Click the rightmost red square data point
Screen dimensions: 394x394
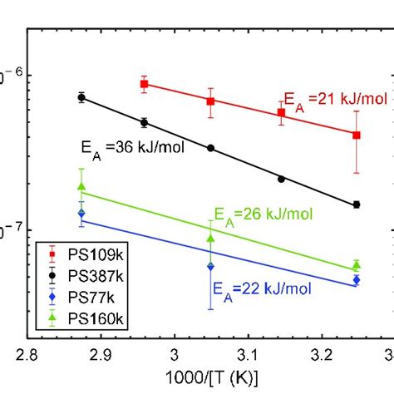click(x=357, y=135)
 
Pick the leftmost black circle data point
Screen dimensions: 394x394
click(x=81, y=97)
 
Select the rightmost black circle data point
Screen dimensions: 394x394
click(x=357, y=204)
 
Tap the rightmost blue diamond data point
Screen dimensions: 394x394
click(x=357, y=280)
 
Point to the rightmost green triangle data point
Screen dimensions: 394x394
click(x=357, y=265)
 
